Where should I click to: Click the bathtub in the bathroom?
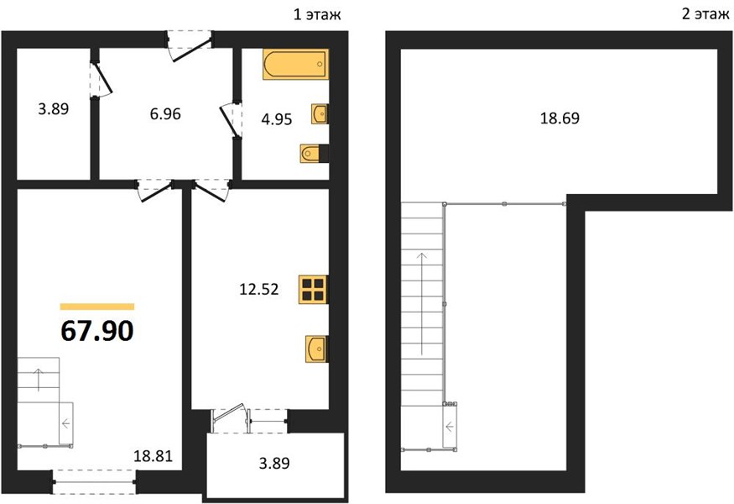pyautogui.click(x=295, y=64)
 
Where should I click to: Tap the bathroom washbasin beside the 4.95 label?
pyautogui.click(x=320, y=114)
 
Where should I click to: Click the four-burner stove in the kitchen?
pyautogui.click(x=314, y=289)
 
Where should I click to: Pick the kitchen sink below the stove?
pyautogui.click(x=317, y=349)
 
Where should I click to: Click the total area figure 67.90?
pyautogui.click(x=97, y=330)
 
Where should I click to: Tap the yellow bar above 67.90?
pyautogui.click(x=97, y=307)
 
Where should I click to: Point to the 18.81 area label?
pyautogui.click(x=153, y=456)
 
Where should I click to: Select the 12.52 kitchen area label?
pyautogui.click(x=259, y=289)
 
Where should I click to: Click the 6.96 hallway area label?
pyautogui.click(x=165, y=113)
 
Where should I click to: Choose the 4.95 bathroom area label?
pyautogui.click(x=277, y=119)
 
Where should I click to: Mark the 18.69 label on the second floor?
pyautogui.click(x=560, y=118)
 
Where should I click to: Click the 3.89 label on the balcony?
pyautogui.click(x=274, y=463)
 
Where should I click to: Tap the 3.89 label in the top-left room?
pyautogui.click(x=54, y=108)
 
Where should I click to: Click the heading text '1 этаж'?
pyautogui.click(x=317, y=14)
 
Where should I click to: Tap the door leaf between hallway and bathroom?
pyautogui.click(x=229, y=122)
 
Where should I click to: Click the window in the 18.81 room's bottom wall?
pyautogui.click(x=94, y=481)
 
